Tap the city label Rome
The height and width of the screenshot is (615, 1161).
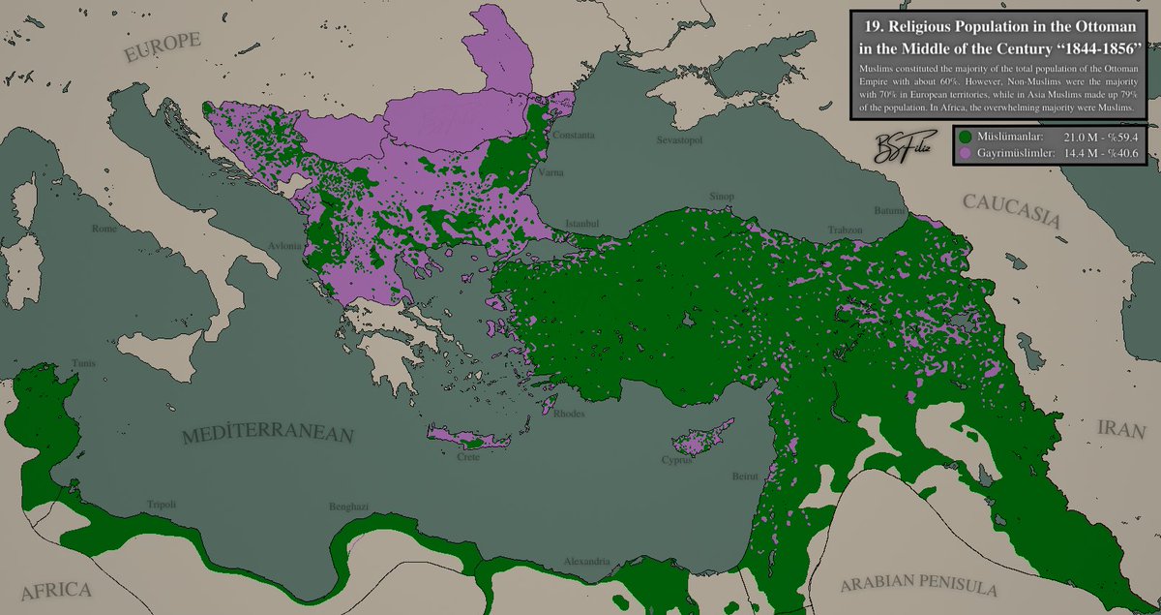(104, 230)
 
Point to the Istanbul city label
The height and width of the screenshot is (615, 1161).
(582, 223)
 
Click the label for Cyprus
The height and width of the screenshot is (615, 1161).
(677, 461)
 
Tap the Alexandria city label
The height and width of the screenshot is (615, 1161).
(587, 562)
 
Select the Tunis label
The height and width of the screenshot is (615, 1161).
(57, 364)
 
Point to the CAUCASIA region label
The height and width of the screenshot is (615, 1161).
(1009, 210)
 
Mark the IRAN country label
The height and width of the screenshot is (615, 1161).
(1119, 429)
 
